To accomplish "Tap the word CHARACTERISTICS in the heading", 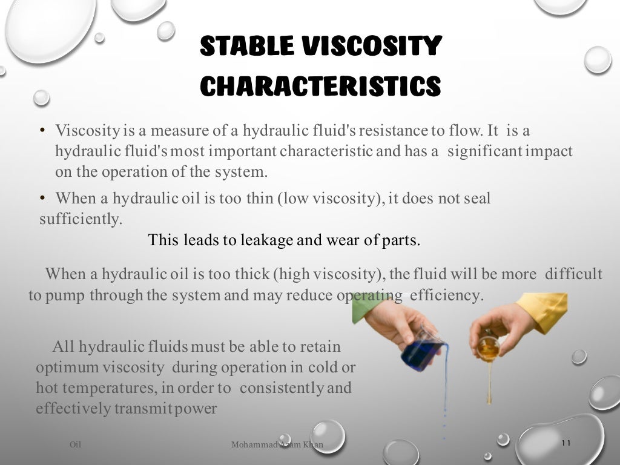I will (320, 86).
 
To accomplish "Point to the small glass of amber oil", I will (488, 348).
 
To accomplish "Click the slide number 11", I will (566, 443).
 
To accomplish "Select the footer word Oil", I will (75, 445).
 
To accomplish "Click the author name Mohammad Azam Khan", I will (277, 445).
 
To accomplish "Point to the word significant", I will (485, 151).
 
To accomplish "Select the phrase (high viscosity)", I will (329, 274).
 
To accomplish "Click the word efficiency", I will (447, 295).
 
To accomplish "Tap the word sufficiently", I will (81, 219).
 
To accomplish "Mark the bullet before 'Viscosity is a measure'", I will (43, 130).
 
